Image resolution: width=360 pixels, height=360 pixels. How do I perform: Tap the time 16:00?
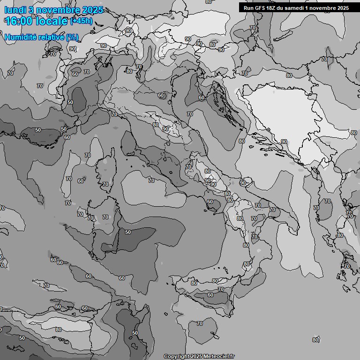click(21, 21)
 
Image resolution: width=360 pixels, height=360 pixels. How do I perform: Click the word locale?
click(52, 21)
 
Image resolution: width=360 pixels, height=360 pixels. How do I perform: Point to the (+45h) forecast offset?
click(81, 21)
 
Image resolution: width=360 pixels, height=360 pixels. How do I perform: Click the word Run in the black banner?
click(248, 7)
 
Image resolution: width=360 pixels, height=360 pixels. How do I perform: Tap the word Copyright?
click(176, 357)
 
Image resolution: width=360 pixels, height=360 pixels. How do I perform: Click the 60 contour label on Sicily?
click(210, 295)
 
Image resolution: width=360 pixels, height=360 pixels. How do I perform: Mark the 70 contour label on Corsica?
click(105, 184)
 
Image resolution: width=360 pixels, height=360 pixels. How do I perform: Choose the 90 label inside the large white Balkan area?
click(284, 142)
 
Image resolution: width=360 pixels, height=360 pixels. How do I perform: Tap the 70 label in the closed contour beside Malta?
click(200, 323)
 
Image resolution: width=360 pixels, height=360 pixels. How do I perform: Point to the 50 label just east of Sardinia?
click(128, 232)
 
